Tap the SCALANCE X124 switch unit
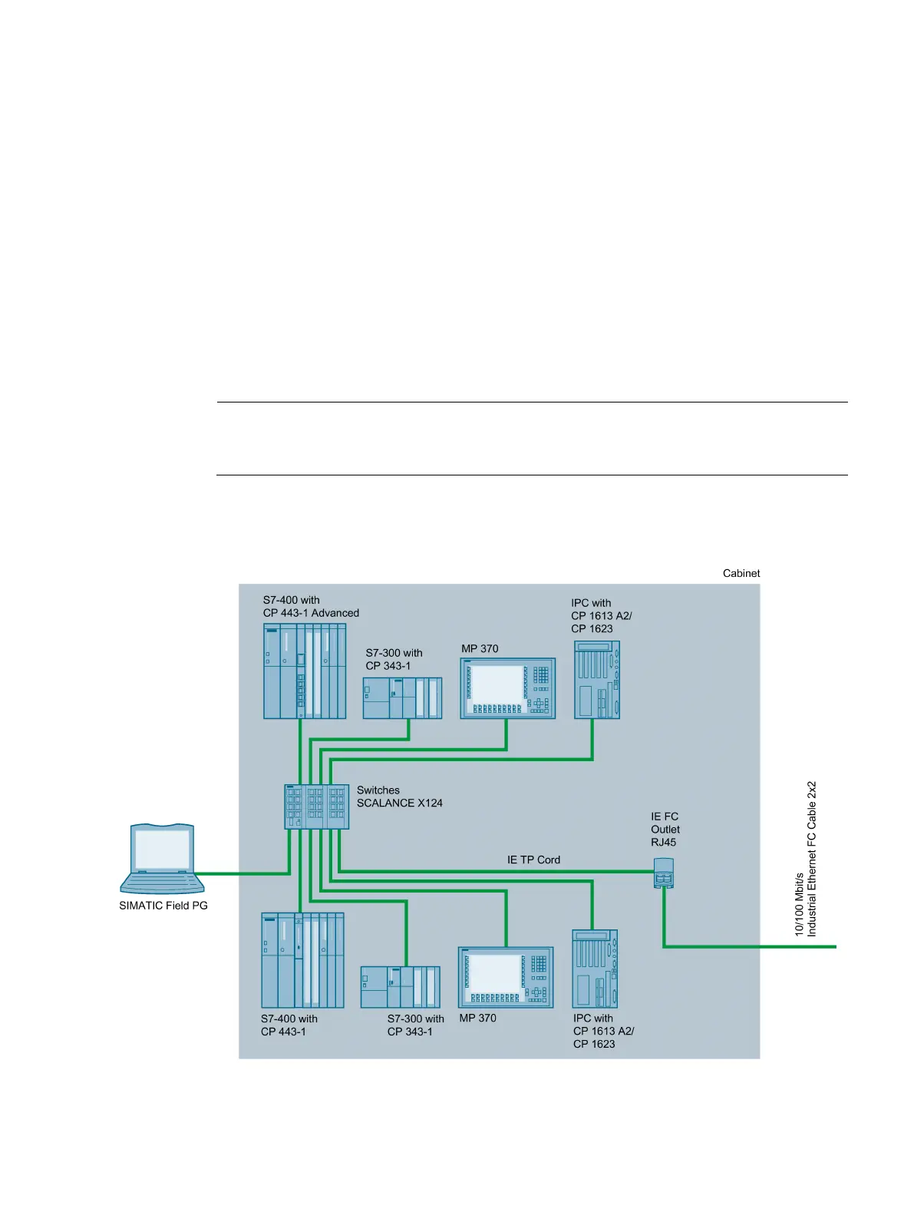pyautogui.click(x=316, y=807)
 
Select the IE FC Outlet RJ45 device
pyautogui.click(x=664, y=874)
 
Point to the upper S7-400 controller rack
pyautogui.click(x=304, y=671)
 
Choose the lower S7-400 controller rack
pyautogui.click(x=302, y=960)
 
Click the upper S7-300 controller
pyautogui.click(x=402, y=698)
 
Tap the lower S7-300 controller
pyautogui.click(x=400, y=987)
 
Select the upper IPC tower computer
pyautogui.click(x=596, y=680)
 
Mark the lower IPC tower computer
pyautogui.click(x=595, y=969)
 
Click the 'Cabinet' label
pyautogui.click(x=741, y=573)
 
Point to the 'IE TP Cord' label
pyautogui.click(x=533, y=860)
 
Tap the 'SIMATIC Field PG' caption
pyautogui.click(x=163, y=906)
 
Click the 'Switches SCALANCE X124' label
pyautogui.click(x=399, y=797)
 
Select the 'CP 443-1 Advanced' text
pyautogui.click(x=311, y=613)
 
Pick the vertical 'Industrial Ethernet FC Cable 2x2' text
pyautogui.click(x=812, y=859)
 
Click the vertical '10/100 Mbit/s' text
pyautogui.click(x=799, y=903)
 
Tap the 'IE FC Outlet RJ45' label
pyautogui.click(x=665, y=830)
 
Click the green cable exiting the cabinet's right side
pyautogui.click(x=798, y=946)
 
